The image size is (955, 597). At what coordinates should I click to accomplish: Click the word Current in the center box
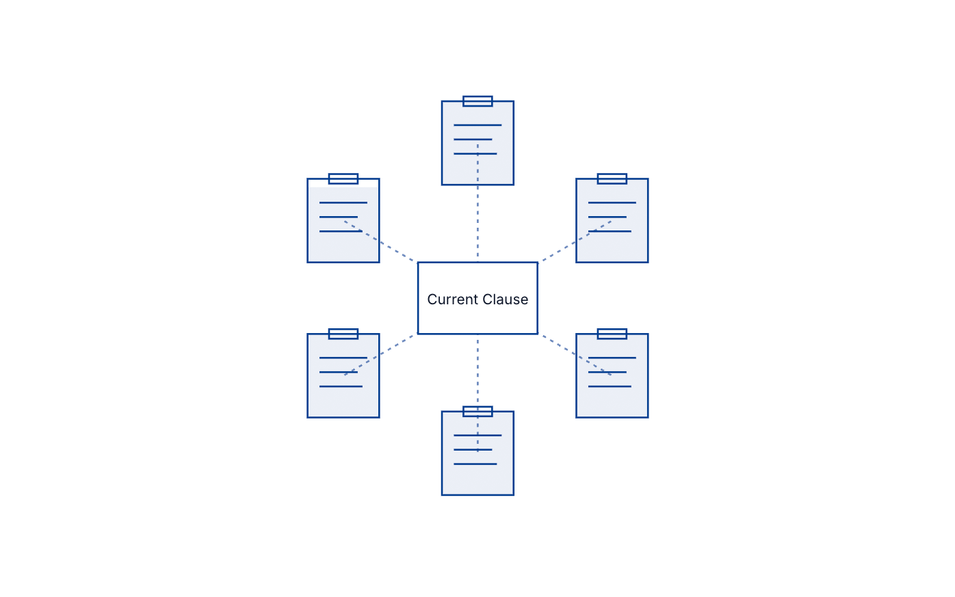pyautogui.click(x=453, y=300)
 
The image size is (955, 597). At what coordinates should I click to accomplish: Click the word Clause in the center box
pyautogui.click(x=506, y=300)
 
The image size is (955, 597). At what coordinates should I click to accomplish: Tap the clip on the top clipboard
pyautogui.click(x=477, y=101)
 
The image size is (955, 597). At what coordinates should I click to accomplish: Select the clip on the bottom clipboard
pyautogui.click(x=477, y=411)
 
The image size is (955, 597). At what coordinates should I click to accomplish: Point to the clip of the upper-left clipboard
pyautogui.click(x=343, y=178)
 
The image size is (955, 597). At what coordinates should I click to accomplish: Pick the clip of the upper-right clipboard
pyautogui.click(x=612, y=178)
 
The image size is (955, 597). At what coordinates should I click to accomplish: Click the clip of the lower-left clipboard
pyautogui.click(x=343, y=334)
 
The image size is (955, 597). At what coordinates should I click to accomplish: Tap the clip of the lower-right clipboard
pyautogui.click(x=612, y=334)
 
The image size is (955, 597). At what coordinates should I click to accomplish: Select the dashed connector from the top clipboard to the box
pyautogui.click(x=477, y=203)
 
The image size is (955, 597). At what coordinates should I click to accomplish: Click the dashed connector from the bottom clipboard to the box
pyautogui.click(x=477, y=393)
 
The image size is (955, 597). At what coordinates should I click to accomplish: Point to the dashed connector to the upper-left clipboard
pyautogui.click(x=380, y=241)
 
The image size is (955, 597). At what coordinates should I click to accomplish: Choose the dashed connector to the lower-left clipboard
pyautogui.click(x=380, y=354)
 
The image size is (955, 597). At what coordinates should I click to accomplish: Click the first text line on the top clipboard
pyautogui.click(x=477, y=125)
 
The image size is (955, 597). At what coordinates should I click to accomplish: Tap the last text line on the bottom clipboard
pyautogui.click(x=475, y=464)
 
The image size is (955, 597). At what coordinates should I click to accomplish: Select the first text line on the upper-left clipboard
pyautogui.click(x=343, y=203)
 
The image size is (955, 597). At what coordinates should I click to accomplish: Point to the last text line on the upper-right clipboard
pyautogui.click(x=610, y=231)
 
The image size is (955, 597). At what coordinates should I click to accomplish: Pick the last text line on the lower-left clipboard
pyautogui.click(x=341, y=386)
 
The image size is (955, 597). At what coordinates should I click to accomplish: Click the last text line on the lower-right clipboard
pyautogui.click(x=610, y=386)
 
